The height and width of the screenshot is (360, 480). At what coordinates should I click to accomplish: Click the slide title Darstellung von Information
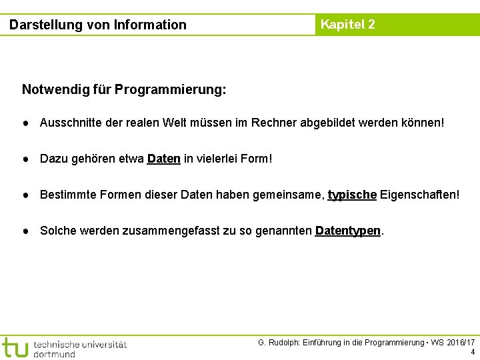coord(98,25)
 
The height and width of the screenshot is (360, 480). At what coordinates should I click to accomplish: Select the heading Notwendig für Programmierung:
coord(124,89)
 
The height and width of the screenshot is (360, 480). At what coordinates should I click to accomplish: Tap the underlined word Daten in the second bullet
coord(163,159)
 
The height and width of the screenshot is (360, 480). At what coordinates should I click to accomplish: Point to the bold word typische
coord(353,195)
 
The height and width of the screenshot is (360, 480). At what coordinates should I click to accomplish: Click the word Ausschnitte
coord(71,123)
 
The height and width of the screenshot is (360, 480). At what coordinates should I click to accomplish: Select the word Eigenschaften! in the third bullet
coord(419,195)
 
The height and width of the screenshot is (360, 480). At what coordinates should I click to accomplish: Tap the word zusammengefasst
coord(186,231)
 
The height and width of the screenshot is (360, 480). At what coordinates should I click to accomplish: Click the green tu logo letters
coord(15,348)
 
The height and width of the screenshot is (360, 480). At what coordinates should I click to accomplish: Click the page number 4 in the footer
coord(473,352)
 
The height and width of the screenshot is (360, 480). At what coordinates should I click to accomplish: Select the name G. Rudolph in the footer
coord(279,343)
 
